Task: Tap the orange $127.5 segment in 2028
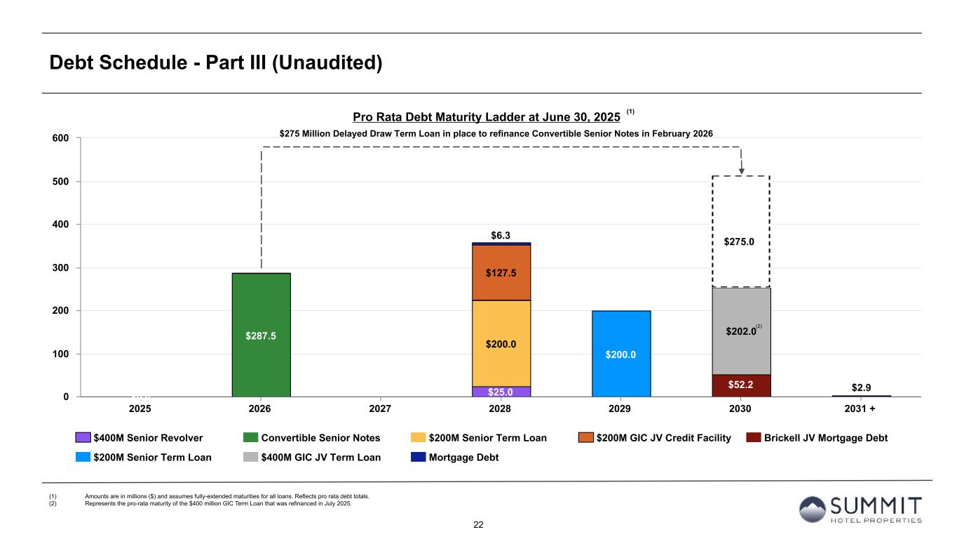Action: pos(501,272)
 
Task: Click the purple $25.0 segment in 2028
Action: pos(501,392)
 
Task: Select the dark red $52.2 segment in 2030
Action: pos(741,385)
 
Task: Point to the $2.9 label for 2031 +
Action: pos(861,386)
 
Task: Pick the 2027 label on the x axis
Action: pos(380,408)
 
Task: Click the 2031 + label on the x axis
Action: pos(861,408)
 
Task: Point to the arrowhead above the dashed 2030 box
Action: pos(741,170)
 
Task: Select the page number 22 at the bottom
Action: pos(479,525)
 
